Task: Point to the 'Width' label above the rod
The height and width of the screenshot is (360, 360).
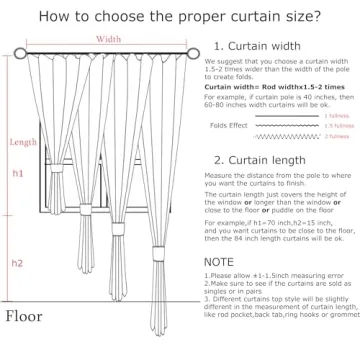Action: pos(110,40)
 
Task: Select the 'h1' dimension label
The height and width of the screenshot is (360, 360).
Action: pos(17,173)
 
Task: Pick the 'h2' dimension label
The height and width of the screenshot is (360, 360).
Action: pos(17,263)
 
